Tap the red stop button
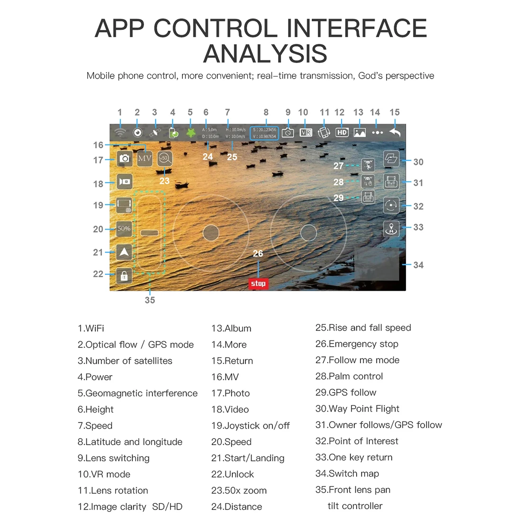pos(258,283)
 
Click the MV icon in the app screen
pos(144,158)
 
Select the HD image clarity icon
pos(342,133)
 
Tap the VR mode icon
pos(306,133)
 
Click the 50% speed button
pos(124,229)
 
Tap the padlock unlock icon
pos(124,275)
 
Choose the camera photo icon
pos(124,159)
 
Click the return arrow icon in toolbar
pos(395,133)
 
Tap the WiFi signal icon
pos(120,133)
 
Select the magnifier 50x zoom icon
pos(165,159)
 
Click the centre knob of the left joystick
pos(211,233)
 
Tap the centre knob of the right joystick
pos(309,233)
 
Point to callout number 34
pos(418,265)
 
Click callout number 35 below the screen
pos(150,300)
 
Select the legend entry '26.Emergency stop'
pos(357,344)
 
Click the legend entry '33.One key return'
pos(354,457)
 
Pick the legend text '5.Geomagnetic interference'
pos(137,393)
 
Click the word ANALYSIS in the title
pos(265,53)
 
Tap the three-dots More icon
pos(377,133)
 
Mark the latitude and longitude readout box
pos(264,133)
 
